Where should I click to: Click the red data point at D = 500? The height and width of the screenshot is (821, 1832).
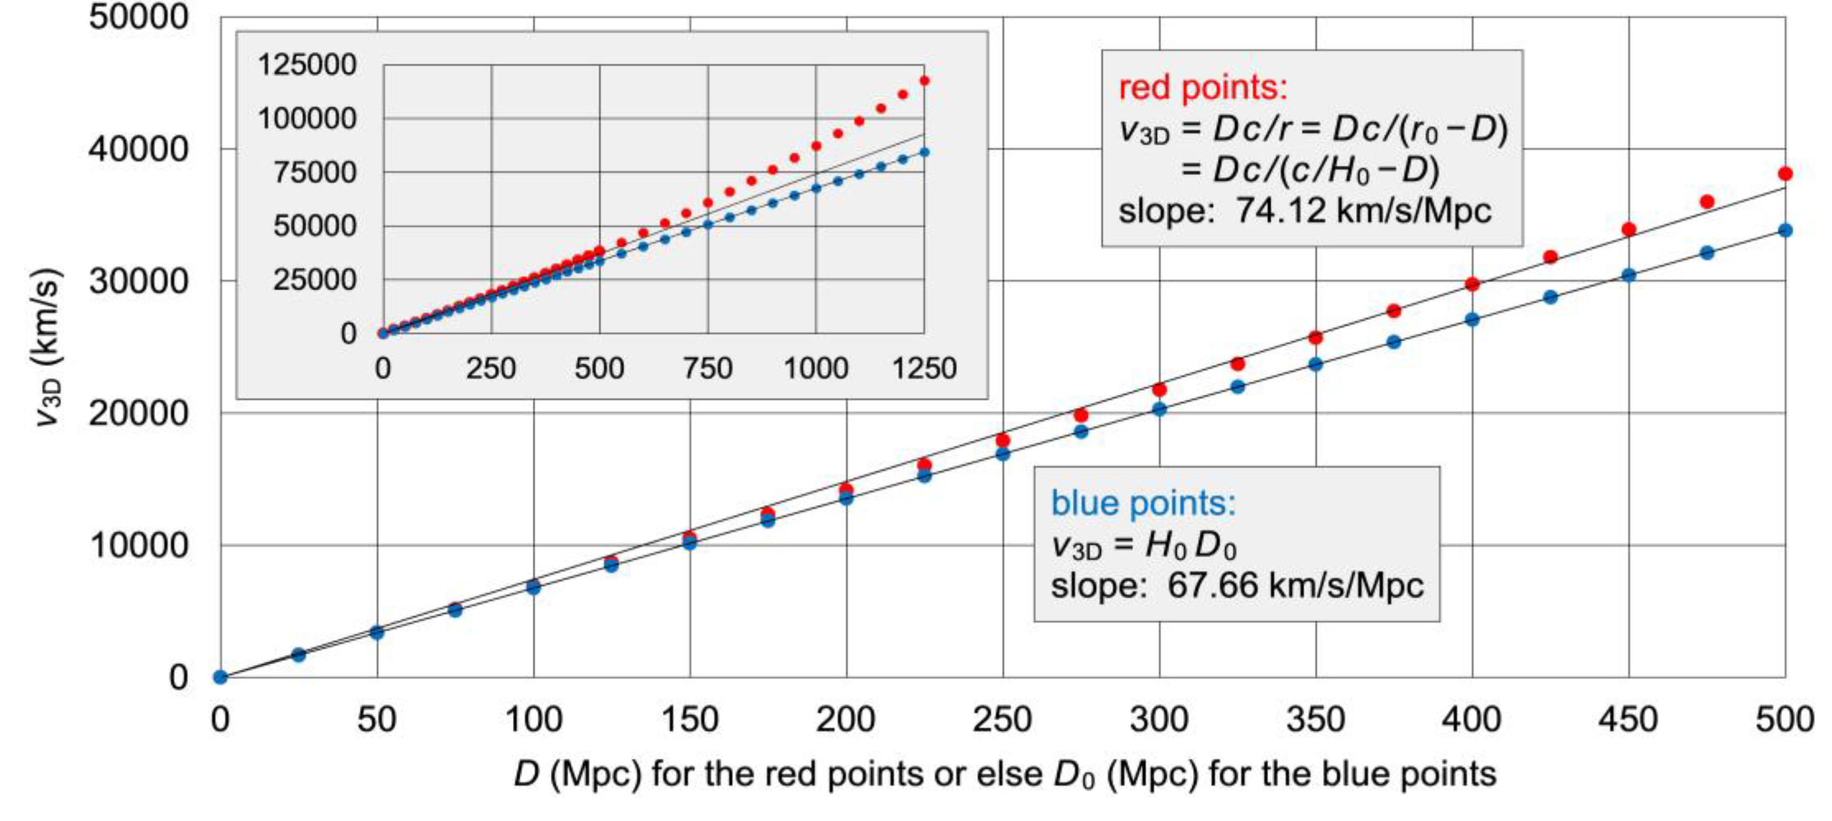[x=1784, y=173]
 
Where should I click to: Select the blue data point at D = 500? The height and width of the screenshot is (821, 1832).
[x=1784, y=230]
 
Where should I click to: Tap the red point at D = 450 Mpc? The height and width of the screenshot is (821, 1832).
[x=1629, y=230]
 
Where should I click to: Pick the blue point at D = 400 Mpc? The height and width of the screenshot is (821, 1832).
[x=1472, y=319]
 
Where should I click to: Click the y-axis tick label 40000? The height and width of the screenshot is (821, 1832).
[x=139, y=149]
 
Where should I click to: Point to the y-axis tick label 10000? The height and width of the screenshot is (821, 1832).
[x=139, y=545]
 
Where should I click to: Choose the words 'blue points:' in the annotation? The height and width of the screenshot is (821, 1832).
[x=1143, y=503]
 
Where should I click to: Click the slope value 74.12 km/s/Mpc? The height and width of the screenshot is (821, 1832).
[x=1362, y=210]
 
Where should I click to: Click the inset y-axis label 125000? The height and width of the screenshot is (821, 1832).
[x=307, y=65]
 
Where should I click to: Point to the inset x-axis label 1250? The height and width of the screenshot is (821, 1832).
[x=924, y=368]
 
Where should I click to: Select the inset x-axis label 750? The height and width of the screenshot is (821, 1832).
[x=708, y=368]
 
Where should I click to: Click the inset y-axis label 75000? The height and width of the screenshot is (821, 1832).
[x=314, y=172]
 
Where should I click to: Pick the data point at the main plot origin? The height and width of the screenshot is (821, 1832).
[x=220, y=677]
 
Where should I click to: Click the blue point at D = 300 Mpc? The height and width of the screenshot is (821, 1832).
[x=1159, y=409]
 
